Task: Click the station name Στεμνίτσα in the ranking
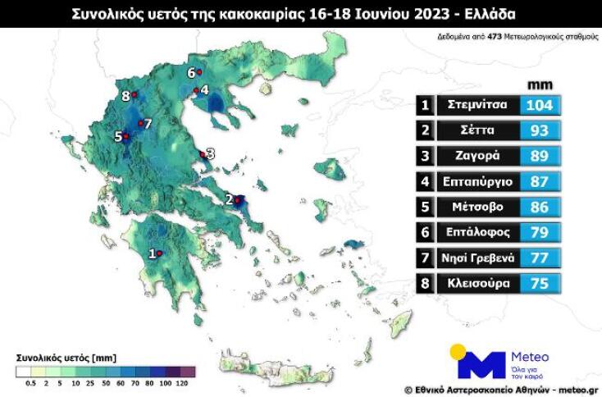[477, 105]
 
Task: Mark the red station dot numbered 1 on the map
[160, 253]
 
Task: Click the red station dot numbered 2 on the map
[238, 199]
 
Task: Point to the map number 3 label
[211, 153]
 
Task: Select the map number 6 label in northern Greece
[190, 72]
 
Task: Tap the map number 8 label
[125, 96]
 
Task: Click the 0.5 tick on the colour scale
[31, 383]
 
